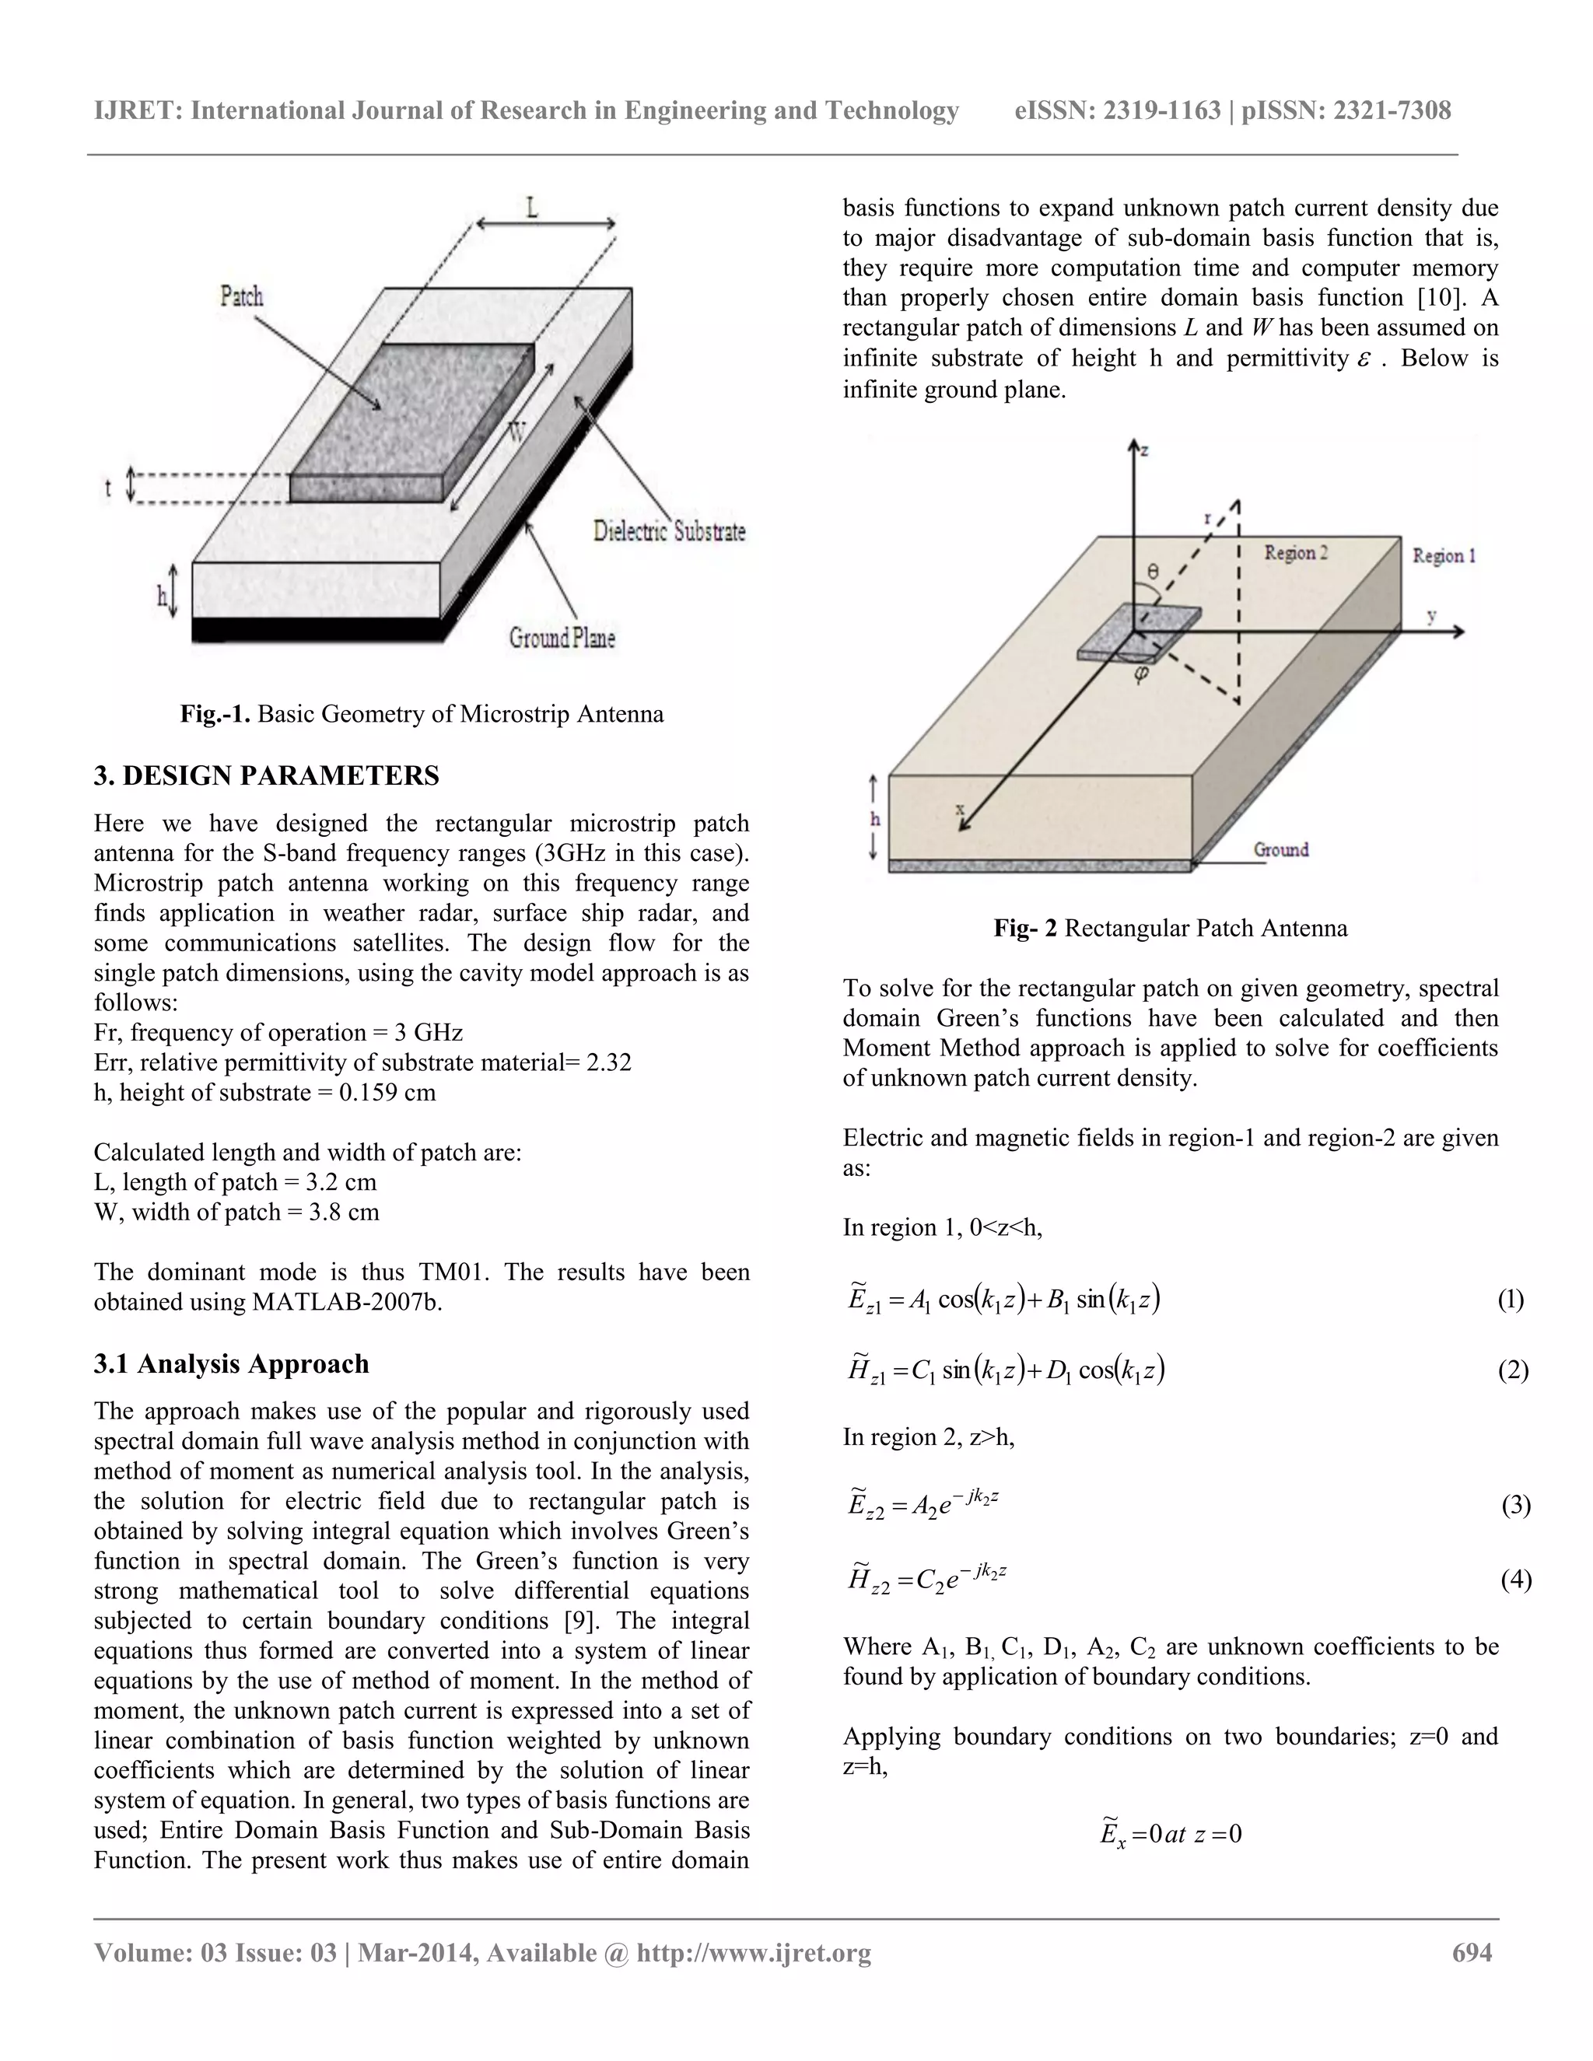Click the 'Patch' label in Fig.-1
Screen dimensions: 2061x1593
242,296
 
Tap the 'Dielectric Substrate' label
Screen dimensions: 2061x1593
669,531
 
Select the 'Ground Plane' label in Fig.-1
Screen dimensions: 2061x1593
562,638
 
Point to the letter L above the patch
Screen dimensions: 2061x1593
533,207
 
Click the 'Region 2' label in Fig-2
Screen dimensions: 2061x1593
1296,553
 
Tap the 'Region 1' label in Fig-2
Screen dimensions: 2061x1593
1443,556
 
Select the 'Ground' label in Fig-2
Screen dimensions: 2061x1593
1280,849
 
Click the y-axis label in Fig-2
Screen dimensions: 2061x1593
1432,615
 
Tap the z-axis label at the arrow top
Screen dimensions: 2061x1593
1145,451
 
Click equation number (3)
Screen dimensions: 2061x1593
1516,1504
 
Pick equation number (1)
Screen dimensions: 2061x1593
1510,1300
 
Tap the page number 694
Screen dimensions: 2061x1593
1471,1952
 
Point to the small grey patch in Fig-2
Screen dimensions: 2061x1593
1139,632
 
